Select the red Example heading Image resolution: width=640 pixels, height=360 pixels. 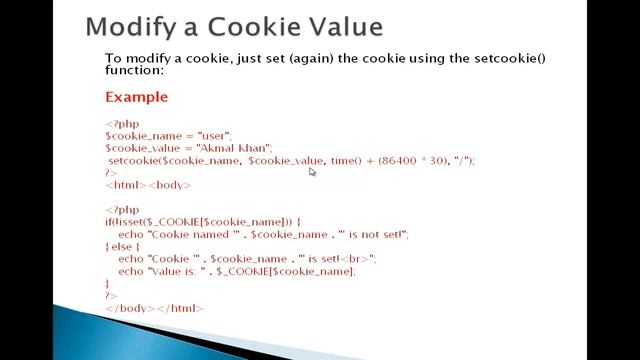136,97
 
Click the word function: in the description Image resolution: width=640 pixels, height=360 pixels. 135,70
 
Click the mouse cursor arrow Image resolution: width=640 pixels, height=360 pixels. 312,171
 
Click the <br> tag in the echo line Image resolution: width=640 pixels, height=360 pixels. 355,259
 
